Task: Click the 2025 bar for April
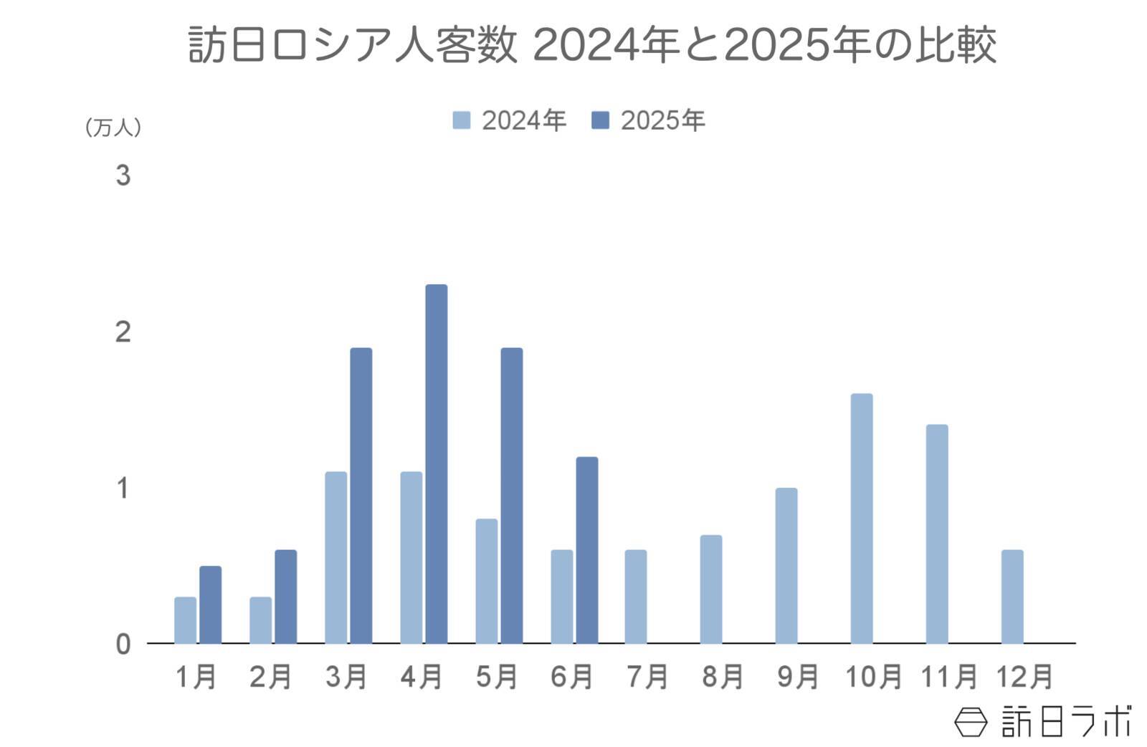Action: click(x=436, y=464)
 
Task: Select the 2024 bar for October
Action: click(x=861, y=519)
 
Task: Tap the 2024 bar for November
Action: click(x=936, y=534)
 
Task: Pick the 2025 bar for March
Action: click(x=361, y=496)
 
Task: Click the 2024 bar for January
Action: click(x=185, y=620)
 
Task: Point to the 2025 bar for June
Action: click(x=586, y=550)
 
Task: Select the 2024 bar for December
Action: click(x=1012, y=597)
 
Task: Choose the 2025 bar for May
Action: click(x=511, y=496)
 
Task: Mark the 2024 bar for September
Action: click(x=786, y=566)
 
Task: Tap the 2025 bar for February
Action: click(x=285, y=597)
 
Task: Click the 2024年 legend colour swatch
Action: click(x=461, y=120)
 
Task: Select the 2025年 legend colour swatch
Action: click(x=600, y=120)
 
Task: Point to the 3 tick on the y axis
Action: click(x=123, y=175)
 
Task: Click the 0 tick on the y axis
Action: click(x=123, y=644)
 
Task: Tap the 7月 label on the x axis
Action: click(x=647, y=676)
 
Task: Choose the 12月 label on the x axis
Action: click(x=1024, y=676)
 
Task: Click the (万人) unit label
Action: click(x=113, y=127)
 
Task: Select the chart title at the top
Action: click(x=592, y=45)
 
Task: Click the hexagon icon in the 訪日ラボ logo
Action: click(x=971, y=721)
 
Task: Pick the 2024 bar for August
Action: click(x=710, y=589)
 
